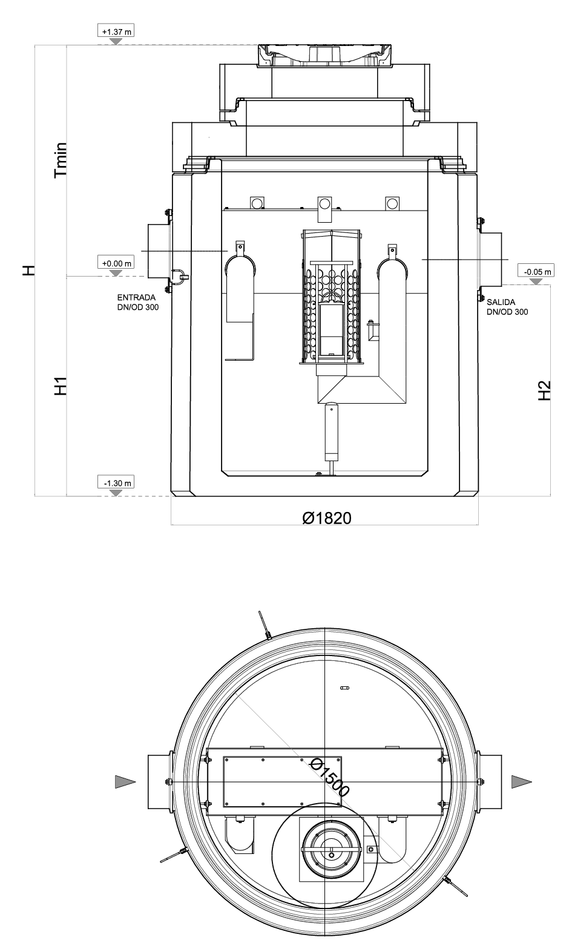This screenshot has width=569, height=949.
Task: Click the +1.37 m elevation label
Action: click(116, 31)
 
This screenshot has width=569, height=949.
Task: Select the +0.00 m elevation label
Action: click(116, 263)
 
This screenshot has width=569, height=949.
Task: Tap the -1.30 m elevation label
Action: click(116, 483)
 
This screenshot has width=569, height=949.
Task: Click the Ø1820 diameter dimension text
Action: click(327, 518)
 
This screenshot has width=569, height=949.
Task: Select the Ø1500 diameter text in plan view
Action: click(330, 777)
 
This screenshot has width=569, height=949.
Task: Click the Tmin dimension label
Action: click(61, 160)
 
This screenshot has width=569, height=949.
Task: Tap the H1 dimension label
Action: click(61, 386)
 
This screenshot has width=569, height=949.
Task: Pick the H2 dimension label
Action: click(544, 390)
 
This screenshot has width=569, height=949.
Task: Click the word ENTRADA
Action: click(136, 297)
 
